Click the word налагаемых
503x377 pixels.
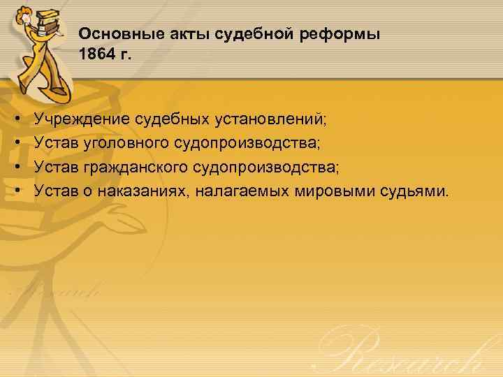tap(234, 188)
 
